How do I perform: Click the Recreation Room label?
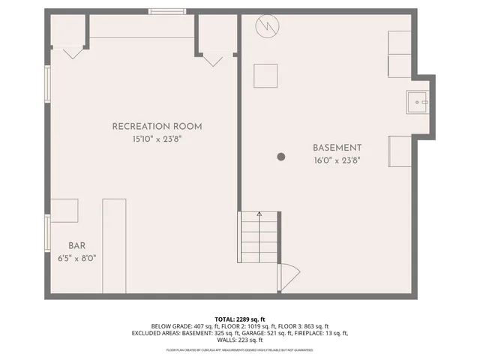(x=157, y=126)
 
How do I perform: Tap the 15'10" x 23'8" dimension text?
(x=157, y=139)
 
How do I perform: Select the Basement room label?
(x=337, y=148)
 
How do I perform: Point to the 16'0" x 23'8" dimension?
(x=337, y=160)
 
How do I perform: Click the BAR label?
(x=76, y=245)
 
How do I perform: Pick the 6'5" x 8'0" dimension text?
(x=76, y=258)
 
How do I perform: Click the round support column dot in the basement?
(x=281, y=157)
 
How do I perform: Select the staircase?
(x=259, y=237)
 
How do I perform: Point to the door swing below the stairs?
(x=288, y=277)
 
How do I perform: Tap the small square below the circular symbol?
(x=265, y=76)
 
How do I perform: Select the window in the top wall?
(x=166, y=11)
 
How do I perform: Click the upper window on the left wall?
(x=47, y=84)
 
